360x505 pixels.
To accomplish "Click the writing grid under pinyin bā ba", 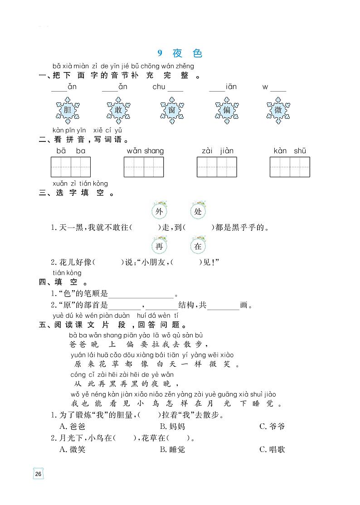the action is (x=71, y=167).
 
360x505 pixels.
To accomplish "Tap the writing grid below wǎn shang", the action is (x=144, y=167).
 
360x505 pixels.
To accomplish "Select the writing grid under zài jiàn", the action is (x=217, y=167).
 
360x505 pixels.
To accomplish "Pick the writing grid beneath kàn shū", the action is (x=290, y=167).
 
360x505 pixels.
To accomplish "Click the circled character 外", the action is (x=159, y=212).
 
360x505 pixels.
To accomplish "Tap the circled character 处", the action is (x=198, y=212).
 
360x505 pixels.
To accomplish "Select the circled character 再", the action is (x=159, y=247).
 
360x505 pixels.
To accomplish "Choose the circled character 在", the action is (x=198, y=247).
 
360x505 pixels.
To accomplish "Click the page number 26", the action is (x=38, y=474).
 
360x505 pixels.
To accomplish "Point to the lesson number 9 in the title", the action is (x=160, y=53).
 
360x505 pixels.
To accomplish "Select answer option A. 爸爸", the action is (x=73, y=426).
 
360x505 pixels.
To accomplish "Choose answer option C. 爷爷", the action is (x=272, y=426).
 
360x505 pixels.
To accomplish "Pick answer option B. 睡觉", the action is (x=172, y=449).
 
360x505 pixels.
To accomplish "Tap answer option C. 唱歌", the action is (x=272, y=449).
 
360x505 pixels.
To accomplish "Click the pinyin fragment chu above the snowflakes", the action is (x=159, y=87).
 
